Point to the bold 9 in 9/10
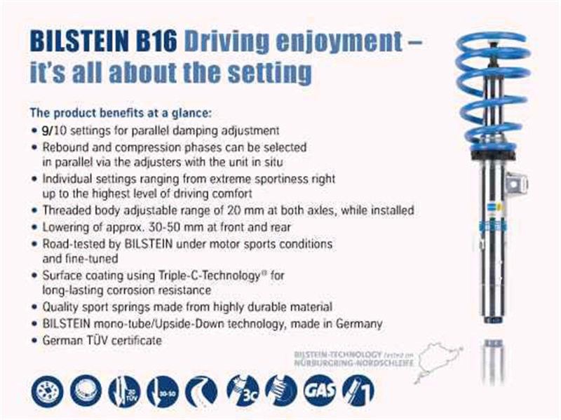pyautogui.click(x=44, y=130)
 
